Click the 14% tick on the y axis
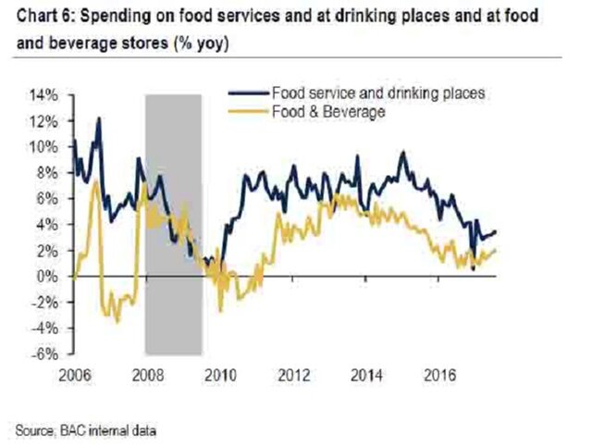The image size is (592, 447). [x=47, y=95]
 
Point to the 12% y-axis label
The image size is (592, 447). [x=47, y=121]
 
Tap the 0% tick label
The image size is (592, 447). [x=52, y=276]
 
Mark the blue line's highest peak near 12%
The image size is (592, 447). [x=99, y=118]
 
